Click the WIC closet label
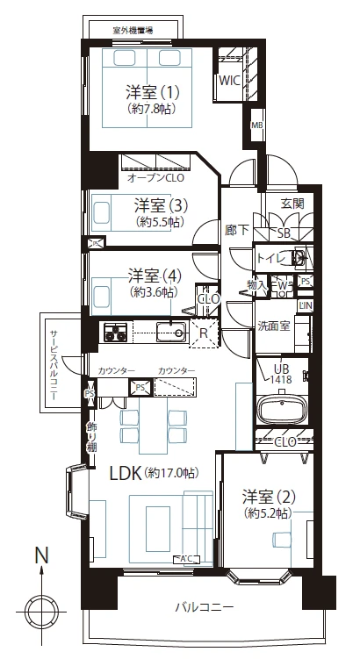tap(229, 81)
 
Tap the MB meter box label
tap(256, 125)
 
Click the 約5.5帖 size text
tap(160, 221)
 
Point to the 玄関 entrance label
tap(292, 204)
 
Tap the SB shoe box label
tap(284, 233)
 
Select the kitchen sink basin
tap(171, 332)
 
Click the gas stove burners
tap(115, 331)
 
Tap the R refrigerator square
tap(204, 333)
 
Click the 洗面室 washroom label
tap(274, 326)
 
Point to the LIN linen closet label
tap(306, 305)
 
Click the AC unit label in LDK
tap(187, 559)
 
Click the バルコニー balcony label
tap(205, 606)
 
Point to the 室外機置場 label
tap(133, 30)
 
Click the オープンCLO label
tap(156, 178)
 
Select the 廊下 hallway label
tap(237, 230)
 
